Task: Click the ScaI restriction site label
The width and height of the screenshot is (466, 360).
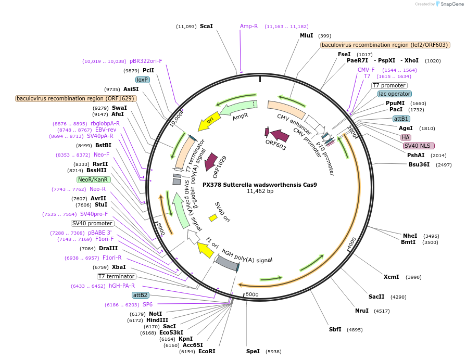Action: pos(206,26)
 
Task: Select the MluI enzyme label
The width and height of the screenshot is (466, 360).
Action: pos(307,35)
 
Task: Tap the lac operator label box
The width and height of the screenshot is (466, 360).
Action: pos(395,94)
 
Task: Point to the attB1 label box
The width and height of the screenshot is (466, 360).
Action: pos(401,119)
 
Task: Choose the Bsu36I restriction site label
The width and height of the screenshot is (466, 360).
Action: pos(419,164)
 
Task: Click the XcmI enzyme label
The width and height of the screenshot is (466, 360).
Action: pos(391,277)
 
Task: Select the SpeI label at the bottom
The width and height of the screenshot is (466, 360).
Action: pos(253,351)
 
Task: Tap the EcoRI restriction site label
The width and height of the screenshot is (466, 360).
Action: pos(207,351)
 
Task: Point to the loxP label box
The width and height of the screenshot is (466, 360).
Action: pos(142,80)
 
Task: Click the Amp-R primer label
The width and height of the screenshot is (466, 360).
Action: pos(249,26)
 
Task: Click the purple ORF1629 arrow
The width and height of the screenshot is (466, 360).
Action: pos(211,162)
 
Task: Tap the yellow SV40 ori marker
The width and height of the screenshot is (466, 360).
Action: pos(213,218)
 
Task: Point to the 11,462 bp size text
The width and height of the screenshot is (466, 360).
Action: pos(259,191)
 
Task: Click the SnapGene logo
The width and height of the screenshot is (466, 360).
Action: pos(448,4)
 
